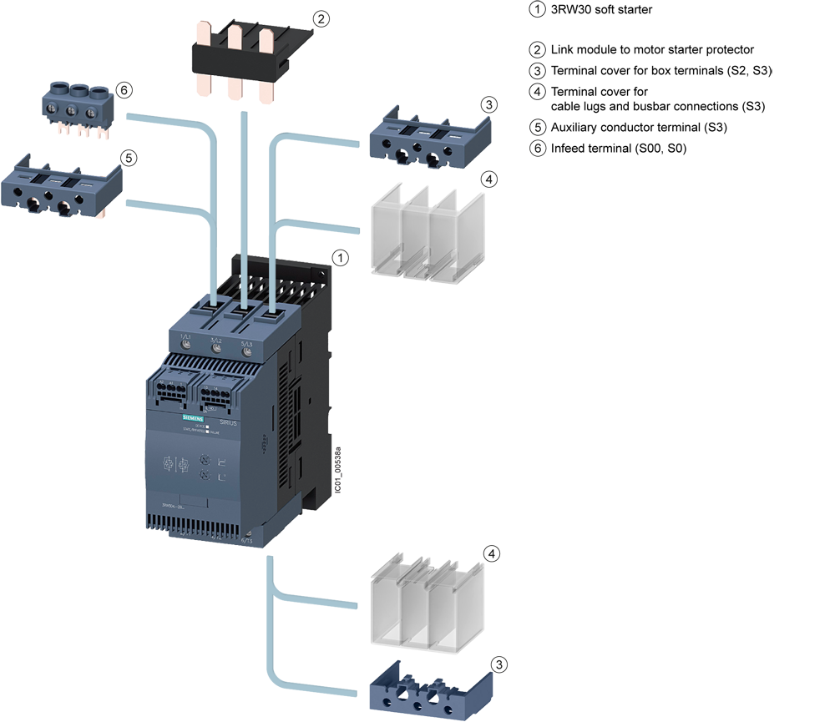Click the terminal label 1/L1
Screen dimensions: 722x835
(x=185, y=336)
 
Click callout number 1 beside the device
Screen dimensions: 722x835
(x=340, y=258)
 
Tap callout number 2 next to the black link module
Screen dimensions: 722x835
(x=320, y=18)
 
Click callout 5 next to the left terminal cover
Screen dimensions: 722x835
(x=128, y=157)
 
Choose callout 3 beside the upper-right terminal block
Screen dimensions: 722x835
(x=489, y=105)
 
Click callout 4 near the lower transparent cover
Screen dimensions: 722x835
(x=493, y=554)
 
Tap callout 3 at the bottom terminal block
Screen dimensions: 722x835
(x=498, y=664)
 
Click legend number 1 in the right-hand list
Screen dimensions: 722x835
(x=538, y=10)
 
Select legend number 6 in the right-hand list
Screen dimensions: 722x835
(x=538, y=148)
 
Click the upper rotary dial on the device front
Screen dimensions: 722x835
(x=205, y=460)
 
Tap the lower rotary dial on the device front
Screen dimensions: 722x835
(x=205, y=476)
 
